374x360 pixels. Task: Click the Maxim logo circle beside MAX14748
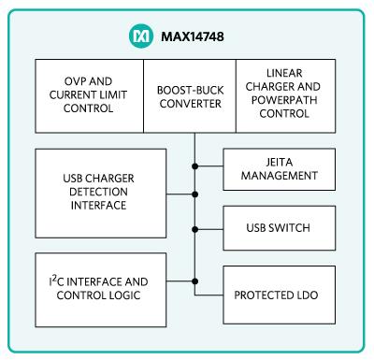point(141,36)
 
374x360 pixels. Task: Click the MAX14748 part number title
point(193,36)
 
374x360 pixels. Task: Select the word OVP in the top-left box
point(73,81)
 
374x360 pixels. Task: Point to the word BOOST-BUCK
point(190,91)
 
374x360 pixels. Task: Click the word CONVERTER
point(190,104)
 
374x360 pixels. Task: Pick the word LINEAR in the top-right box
point(284,73)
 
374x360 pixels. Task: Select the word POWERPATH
point(284,100)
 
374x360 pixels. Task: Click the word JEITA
point(280,162)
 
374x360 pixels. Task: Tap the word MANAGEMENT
point(280,176)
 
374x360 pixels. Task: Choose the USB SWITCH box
point(280,228)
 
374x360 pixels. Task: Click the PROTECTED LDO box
point(280,295)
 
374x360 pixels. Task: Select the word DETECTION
point(98,192)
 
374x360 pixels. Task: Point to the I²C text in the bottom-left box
point(56,281)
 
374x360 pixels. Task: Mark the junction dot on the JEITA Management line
point(195,166)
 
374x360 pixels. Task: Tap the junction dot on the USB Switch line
point(195,229)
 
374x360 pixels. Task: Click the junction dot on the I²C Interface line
point(195,281)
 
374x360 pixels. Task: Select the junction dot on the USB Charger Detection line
point(195,194)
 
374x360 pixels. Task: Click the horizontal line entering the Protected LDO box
point(209,295)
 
